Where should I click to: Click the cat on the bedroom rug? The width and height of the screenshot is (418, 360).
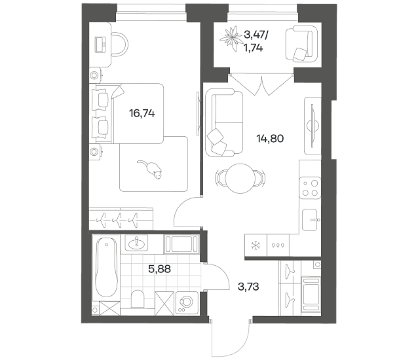pos(151,170)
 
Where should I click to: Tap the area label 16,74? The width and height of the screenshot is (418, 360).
pos(142,114)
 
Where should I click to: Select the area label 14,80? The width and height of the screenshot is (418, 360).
pos(270,139)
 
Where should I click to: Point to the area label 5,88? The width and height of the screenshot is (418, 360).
pos(159,269)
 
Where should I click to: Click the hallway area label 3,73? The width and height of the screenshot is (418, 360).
pos(248,287)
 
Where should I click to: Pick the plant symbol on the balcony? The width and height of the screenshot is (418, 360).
pos(231,38)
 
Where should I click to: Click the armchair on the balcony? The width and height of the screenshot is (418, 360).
pos(302,44)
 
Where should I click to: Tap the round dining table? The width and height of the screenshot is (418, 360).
pos(240,179)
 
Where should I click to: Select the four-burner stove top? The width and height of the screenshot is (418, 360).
pos(310,188)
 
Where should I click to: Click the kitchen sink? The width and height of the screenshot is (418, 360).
pos(310,220)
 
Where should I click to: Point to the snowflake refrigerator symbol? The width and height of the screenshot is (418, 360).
pos(256,245)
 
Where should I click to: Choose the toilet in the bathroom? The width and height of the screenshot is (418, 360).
pos(138,298)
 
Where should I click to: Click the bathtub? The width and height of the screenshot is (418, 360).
pos(106,268)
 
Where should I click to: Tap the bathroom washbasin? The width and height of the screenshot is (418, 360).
pos(136,243)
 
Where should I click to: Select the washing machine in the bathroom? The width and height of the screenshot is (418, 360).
pos(186,304)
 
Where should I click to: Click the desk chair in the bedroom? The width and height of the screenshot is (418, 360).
pos(119,45)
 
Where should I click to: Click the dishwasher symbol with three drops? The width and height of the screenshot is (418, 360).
pos(278,245)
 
